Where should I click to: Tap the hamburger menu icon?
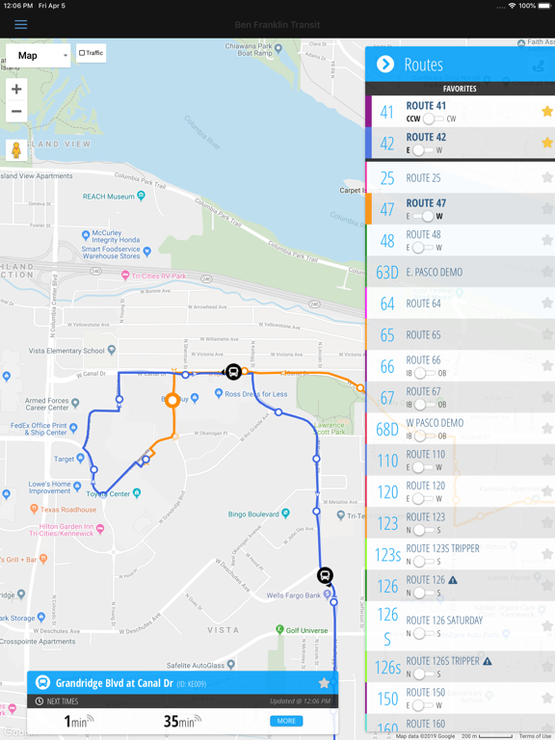pos(20,24)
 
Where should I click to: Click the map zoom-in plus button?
pos(16,90)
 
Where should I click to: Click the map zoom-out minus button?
pos(16,112)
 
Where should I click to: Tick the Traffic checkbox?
pos(82,53)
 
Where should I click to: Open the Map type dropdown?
pos(39,56)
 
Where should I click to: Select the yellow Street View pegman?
pos(16,149)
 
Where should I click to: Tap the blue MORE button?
pos(286,721)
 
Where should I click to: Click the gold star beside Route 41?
pos(546,112)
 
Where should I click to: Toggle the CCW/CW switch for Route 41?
pos(432,119)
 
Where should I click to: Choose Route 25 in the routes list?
pos(423,178)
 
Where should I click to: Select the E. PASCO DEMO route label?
pos(434,272)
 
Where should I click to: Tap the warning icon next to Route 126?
pos(453,580)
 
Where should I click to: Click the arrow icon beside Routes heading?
pos(385,65)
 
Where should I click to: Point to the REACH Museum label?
pos(107,197)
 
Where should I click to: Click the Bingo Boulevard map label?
pos(260,515)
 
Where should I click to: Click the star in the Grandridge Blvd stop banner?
pos(324,683)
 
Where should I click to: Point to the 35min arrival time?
pos(177,722)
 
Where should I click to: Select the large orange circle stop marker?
pos(172,400)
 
